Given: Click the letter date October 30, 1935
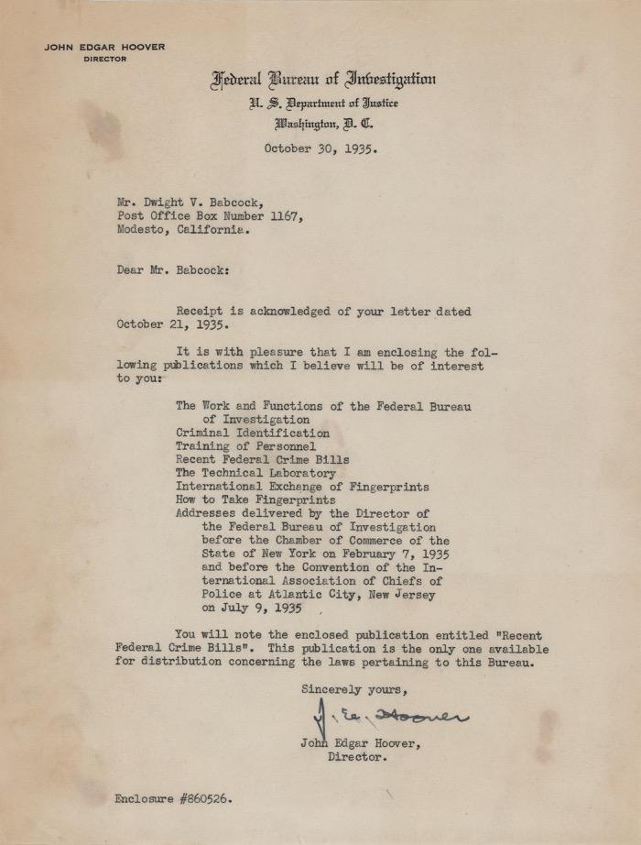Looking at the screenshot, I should tap(320, 148).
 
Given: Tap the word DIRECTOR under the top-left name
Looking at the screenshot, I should tap(104, 59).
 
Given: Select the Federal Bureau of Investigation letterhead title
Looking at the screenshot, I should tap(323, 80).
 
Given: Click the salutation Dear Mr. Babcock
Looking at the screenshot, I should tap(173, 270).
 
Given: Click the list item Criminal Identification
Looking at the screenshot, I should tap(252, 433).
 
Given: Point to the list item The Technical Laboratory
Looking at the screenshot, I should tap(249, 473).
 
